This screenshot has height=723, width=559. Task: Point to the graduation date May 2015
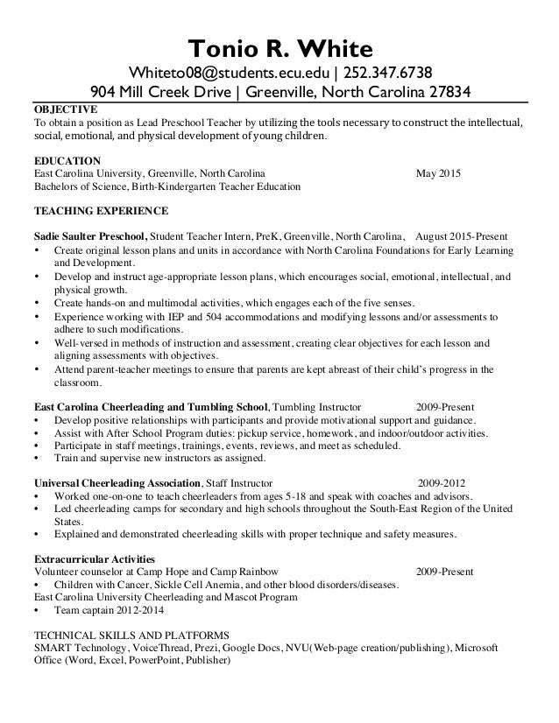pyautogui.click(x=437, y=173)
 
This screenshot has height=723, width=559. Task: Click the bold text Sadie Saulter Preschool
pyautogui.click(x=90, y=236)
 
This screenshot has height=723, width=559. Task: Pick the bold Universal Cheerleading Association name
pyautogui.click(x=117, y=482)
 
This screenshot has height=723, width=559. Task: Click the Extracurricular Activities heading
pyautogui.click(x=94, y=558)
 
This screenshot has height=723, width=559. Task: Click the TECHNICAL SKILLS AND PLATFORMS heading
pyautogui.click(x=131, y=635)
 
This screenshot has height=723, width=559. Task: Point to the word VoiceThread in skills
pyautogui.click(x=136, y=648)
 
